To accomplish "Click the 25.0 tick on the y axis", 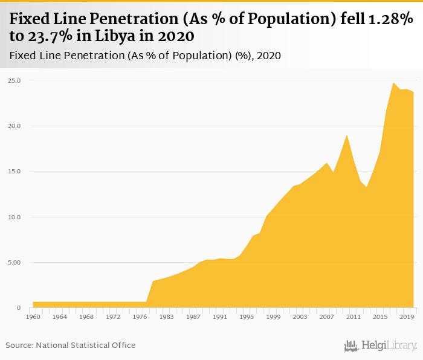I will click(15, 80).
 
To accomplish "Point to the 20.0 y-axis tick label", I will click(15, 126).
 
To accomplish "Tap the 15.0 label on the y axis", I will click(15, 172).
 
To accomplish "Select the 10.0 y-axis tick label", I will click(15, 217).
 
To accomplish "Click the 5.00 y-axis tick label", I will click(15, 263).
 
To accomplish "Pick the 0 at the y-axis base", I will click(18, 308).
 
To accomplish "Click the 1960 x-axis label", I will click(33, 317).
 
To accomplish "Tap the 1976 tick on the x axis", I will click(140, 317).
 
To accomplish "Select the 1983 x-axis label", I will click(166, 317).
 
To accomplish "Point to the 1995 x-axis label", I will click(247, 317).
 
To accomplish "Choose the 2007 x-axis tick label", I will click(326, 317).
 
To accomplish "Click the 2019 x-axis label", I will click(407, 317).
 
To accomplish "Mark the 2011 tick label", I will click(353, 317).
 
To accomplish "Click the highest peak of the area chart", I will click(393, 83).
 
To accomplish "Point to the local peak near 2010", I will click(346, 135).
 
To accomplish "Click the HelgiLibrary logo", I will click(380, 346).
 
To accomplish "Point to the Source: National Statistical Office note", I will click(71, 345).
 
